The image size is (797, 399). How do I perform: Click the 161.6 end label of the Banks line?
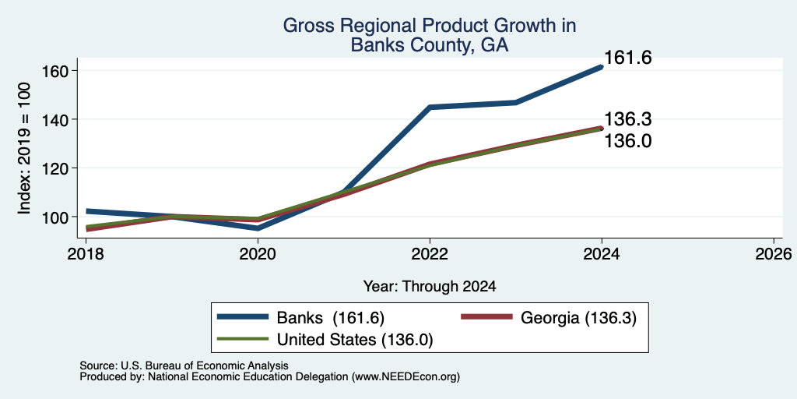tap(628, 58)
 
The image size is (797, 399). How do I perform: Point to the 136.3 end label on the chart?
tap(628, 119)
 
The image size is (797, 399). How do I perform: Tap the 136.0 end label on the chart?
tap(628, 141)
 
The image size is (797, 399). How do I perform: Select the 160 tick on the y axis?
tap(53, 71)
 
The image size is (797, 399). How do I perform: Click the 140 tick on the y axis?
tap(53, 119)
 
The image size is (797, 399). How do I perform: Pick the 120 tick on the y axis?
tap(53, 168)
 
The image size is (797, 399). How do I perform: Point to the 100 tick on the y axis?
tap(53, 217)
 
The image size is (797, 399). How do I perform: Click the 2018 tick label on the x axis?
tap(86, 253)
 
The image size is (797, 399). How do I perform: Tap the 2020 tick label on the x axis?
tap(258, 253)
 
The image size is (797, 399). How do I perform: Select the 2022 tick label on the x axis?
tap(430, 253)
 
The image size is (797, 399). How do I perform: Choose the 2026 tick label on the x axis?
tap(774, 253)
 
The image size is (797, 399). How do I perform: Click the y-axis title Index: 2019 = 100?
tap(24, 148)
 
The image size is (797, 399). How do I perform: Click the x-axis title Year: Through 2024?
tap(430, 287)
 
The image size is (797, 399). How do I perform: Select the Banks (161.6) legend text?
tap(330, 318)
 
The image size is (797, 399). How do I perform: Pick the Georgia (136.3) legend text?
tap(578, 318)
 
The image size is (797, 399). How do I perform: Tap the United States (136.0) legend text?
tap(355, 340)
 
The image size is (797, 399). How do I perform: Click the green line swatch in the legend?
tap(243, 339)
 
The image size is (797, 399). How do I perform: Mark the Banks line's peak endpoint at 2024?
tap(602, 67)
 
